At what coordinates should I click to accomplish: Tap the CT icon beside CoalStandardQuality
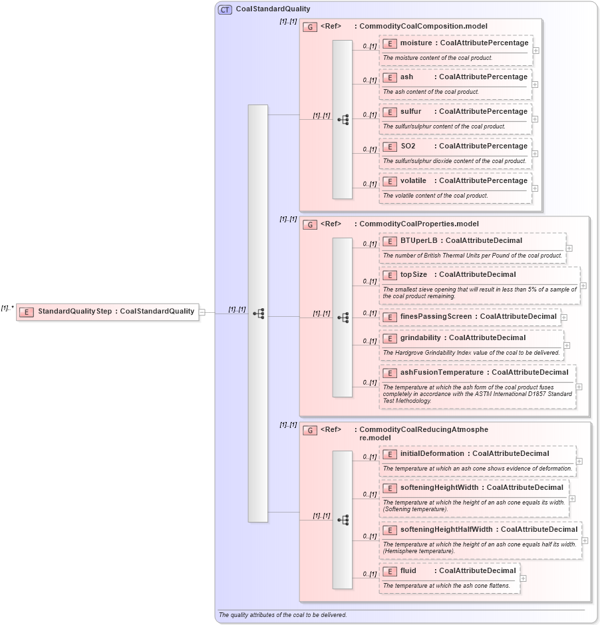click(x=225, y=9)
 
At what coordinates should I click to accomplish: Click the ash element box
click(x=456, y=77)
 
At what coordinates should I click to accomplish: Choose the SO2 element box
click(x=456, y=146)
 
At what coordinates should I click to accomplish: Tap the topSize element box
click(x=479, y=275)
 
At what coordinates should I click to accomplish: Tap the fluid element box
click(x=450, y=571)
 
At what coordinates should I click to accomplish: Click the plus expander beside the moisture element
click(x=535, y=51)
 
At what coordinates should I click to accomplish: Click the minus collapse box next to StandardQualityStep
click(x=202, y=312)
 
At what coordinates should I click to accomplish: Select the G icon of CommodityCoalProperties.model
click(x=309, y=224)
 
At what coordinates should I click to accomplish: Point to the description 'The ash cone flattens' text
click(x=446, y=586)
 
